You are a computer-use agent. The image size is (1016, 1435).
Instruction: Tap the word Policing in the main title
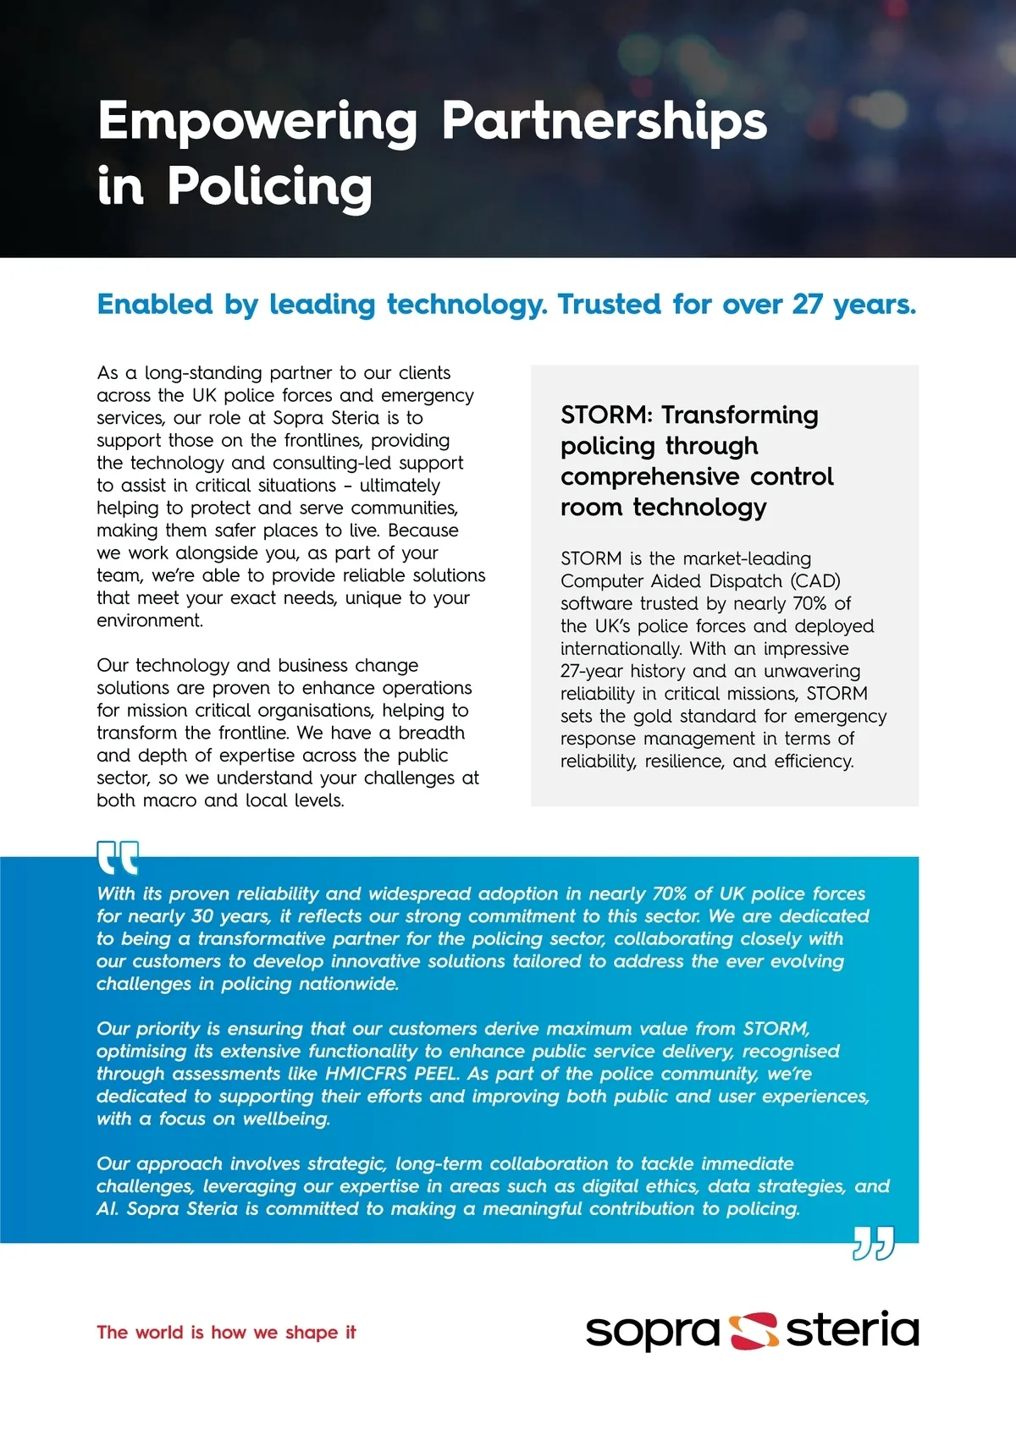click(269, 187)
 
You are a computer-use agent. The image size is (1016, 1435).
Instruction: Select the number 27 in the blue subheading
click(808, 305)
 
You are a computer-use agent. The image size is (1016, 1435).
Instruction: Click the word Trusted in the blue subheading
click(609, 305)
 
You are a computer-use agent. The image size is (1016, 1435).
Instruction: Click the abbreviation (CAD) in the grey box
click(815, 581)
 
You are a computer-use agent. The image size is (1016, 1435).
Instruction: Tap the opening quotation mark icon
click(118, 857)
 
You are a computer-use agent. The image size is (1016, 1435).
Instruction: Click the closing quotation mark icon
click(873, 1243)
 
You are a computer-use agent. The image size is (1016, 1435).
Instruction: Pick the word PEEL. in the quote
click(437, 1074)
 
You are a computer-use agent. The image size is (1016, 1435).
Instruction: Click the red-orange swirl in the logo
click(754, 1331)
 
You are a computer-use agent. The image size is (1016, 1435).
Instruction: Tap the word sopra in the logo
click(652, 1333)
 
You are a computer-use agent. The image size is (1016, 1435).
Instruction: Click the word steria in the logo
click(852, 1330)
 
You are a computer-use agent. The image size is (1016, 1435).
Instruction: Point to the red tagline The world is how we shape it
click(226, 1333)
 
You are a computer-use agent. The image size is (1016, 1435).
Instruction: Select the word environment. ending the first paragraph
click(150, 621)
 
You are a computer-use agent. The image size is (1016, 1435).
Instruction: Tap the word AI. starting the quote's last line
click(108, 1209)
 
